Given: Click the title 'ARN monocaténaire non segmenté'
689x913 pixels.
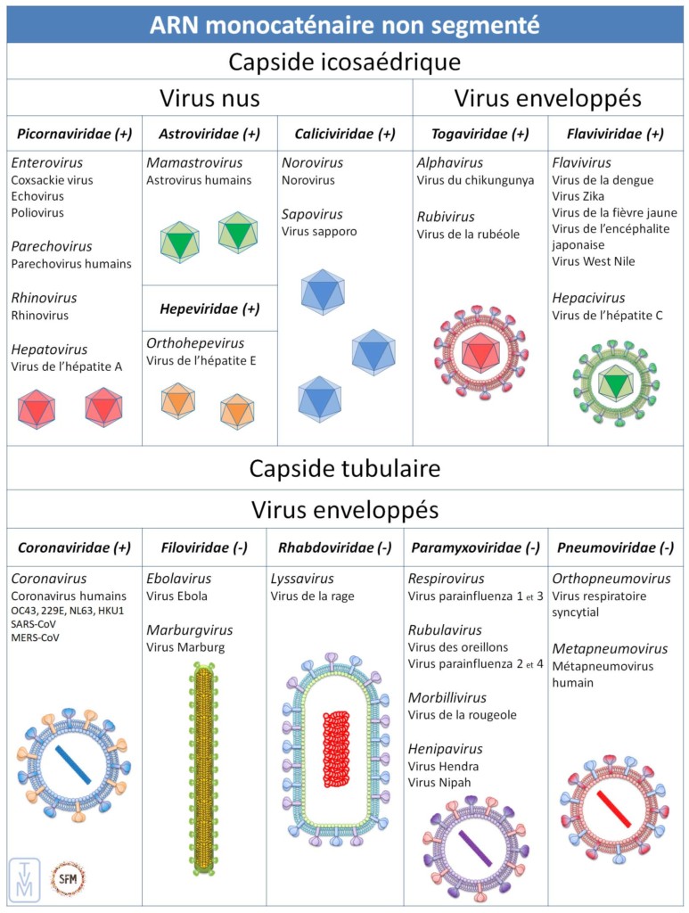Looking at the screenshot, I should click(344, 24).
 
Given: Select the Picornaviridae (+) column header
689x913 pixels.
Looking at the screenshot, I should click(74, 134).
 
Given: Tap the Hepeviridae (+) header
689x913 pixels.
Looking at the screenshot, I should click(209, 308).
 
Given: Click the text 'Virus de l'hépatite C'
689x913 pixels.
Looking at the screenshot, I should click(607, 315).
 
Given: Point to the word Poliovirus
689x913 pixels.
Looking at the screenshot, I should click(37, 212).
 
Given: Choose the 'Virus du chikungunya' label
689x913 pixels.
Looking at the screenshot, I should click(468, 180).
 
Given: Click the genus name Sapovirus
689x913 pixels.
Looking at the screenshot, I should click(312, 214).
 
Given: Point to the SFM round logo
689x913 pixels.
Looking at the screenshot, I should click(68, 878).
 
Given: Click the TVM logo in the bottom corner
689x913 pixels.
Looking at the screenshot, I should click(25, 878).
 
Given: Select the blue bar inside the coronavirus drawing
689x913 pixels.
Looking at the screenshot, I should click(73, 764).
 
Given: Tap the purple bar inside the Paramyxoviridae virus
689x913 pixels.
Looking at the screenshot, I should click(475, 848).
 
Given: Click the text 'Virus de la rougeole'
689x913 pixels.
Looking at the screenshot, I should click(462, 714).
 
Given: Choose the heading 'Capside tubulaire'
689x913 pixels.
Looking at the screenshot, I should click(344, 468).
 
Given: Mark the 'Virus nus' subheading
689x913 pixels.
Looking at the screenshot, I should click(209, 97).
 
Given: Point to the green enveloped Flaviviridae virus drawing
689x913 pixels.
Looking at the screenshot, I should click(614, 382).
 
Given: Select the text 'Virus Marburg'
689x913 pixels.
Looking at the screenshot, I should click(185, 647).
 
